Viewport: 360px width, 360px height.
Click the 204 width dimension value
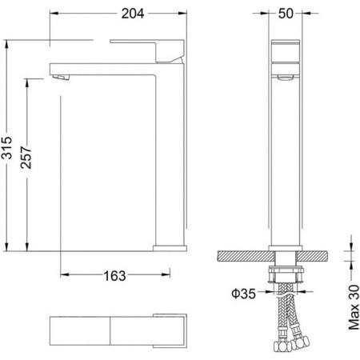coord(133,14)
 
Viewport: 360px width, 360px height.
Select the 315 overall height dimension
coord(7,148)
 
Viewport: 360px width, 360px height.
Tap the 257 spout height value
coord(26,158)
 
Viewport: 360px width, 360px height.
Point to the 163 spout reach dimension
coord(114,276)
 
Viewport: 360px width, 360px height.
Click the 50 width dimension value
coord(286,14)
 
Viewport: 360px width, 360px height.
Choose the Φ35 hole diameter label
coord(243,294)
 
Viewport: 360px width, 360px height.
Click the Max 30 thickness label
coord(354,307)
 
